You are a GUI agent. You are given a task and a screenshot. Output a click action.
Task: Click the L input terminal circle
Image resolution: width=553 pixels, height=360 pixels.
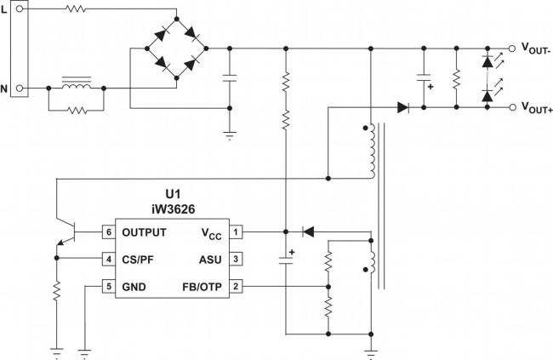tap(20, 9)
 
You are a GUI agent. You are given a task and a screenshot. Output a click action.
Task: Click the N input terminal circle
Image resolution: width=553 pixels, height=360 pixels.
tap(20, 89)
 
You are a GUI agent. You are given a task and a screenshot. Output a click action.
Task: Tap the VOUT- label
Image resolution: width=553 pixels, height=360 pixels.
tap(536, 49)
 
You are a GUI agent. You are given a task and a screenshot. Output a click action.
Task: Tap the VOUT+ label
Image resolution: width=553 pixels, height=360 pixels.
tap(537, 107)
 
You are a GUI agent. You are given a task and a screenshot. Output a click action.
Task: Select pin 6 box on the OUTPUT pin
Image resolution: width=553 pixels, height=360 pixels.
tap(109, 231)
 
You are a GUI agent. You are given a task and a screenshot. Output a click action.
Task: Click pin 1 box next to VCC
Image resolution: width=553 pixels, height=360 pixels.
tap(236, 231)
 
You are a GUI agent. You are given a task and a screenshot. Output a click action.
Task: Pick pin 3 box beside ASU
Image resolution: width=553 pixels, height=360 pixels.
tap(236, 259)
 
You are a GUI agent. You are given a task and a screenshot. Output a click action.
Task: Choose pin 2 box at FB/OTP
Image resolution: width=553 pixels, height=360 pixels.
tap(236, 286)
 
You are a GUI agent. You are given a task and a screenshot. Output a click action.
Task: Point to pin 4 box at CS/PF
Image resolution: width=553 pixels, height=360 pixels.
tap(109, 259)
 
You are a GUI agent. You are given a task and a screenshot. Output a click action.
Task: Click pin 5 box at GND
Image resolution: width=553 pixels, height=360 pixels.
tap(109, 286)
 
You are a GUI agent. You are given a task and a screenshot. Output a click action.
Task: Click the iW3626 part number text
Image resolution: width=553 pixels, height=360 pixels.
tap(174, 209)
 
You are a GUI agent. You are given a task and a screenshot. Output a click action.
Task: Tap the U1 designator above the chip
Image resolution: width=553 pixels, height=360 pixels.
tap(173, 194)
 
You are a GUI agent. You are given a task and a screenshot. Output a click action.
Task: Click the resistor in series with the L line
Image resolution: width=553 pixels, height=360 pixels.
tap(76, 9)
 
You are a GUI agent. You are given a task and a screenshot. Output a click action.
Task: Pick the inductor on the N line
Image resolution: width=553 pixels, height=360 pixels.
tap(77, 86)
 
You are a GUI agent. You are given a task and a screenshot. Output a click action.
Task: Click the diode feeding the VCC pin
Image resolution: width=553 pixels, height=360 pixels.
tap(309, 231)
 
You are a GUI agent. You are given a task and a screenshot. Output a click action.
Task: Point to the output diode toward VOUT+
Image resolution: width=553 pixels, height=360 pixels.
tap(402, 107)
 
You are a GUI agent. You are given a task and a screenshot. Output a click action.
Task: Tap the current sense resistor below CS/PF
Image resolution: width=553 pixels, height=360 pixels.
tap(56, 291)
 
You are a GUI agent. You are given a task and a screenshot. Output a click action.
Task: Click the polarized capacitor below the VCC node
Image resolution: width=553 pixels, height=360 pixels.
tap(286, 260)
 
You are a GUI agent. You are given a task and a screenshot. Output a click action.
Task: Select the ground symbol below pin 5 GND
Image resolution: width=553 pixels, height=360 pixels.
tap(85, 353)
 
